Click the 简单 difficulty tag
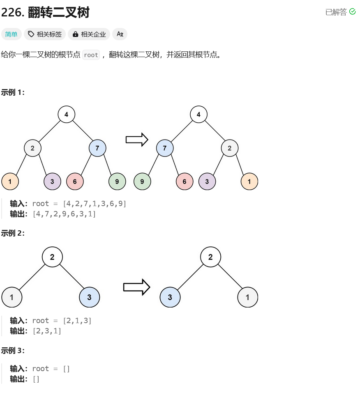click(x=12, y=34)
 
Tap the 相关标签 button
click(x=45, y=34)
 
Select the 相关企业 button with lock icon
click(x=89, y=34)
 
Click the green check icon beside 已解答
click(x=352, y=12)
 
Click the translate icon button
click(x=120, y=34)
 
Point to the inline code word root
click(x=91, y=55)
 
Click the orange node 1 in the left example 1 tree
click(x=10, y=181)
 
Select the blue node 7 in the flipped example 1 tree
click(x=165, y=148)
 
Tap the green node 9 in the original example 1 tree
click(x=117, y=181)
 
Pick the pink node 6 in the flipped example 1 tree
click(x=185, y=181)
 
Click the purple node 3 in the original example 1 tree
click(x=52, y=181)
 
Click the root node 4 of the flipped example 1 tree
click(x=198, y=115)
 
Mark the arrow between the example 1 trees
click(x=137, y=140)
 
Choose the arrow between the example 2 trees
click(x=136, y=287)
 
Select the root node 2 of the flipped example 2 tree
click(x=210, y=257)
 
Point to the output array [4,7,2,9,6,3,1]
click(x=64, y=214)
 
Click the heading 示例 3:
click(x=13, y=351)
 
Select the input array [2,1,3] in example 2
click(x=77, y=321)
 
